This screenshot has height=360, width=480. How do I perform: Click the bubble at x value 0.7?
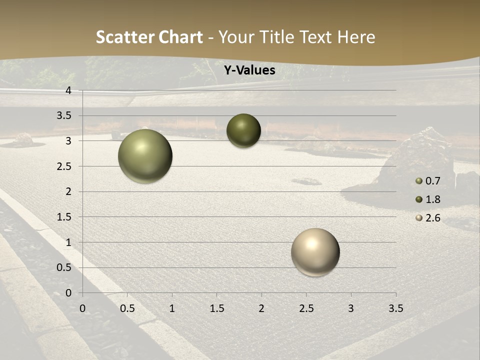point(145,156)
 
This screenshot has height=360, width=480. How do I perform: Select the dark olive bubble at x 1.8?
point(243,130)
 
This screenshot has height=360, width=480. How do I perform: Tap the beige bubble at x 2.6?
point(315,252)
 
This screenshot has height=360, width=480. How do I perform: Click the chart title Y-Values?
point(249,70)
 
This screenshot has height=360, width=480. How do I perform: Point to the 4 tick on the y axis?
point(68,90)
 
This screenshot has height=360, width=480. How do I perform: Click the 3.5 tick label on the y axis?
point(64,115)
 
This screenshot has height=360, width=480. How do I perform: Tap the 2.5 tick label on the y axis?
point(64,166)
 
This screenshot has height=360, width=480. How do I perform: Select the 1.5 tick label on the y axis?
point(64,217)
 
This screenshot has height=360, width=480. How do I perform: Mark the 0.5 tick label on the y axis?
point(64,267)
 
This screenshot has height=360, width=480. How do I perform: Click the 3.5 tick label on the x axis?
point(395,308)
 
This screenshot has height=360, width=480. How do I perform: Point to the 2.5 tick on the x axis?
point(306,308)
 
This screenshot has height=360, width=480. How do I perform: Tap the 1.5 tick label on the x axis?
point(216,308)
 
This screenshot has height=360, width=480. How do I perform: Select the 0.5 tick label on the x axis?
point(127,308)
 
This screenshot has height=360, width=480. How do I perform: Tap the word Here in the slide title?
point(356,37)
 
